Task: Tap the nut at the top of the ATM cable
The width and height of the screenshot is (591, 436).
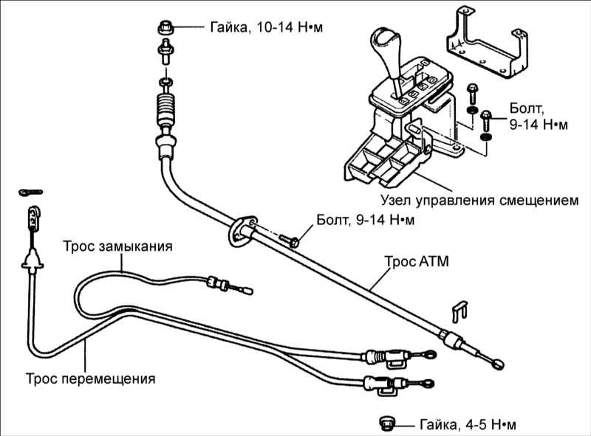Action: (x=165, y=28)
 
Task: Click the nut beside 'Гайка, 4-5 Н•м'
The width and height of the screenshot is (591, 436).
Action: (x=386, y=422)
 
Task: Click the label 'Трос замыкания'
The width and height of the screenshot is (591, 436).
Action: (x=118, y=247)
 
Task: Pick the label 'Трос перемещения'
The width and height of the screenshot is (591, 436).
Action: (x=91, y=379)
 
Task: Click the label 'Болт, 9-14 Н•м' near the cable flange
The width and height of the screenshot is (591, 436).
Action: (x=365, y=220)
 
